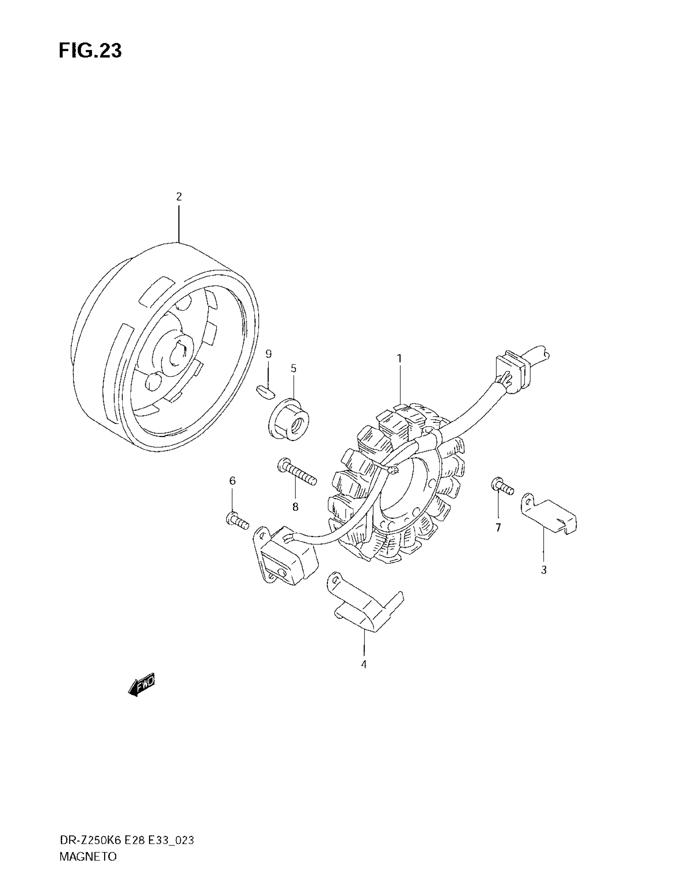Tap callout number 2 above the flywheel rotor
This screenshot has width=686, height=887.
tap(179, 197)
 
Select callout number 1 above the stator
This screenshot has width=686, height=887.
tap(399, 358)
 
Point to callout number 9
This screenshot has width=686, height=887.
tap(268, 354)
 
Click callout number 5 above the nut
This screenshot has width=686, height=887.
tap(293, 369)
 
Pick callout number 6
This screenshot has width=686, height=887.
tap(232, 481)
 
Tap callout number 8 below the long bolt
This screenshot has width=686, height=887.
tap(295, 507)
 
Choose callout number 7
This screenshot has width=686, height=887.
tap(498, 528)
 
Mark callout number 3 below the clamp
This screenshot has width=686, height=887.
tap(544, 570)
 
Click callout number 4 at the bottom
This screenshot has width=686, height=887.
tap(364, 665)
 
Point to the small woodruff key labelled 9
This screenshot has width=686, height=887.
tap(266, 391)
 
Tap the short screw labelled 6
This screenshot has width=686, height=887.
tap(237, 521)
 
